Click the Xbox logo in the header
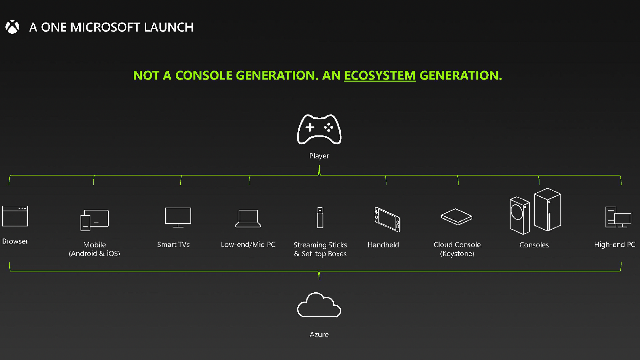pos(12,27)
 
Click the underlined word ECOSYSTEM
pos(380,76)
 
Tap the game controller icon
pos(319,129)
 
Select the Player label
pos(319,156)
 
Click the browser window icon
pos(15,216)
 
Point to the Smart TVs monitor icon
pos(178,217)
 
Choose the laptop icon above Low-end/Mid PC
pos(248,219)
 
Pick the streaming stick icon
pos(320,218)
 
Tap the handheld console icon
pos(387,219)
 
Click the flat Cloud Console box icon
pos(457,217)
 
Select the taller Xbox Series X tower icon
pos(547,209)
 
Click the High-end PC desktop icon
pos(618,217)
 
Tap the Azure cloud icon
pos(319,305)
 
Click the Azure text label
pos(319,334)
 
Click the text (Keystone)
pos(457,254)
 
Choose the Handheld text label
pos(383,245)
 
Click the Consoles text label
pos(534,245)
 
